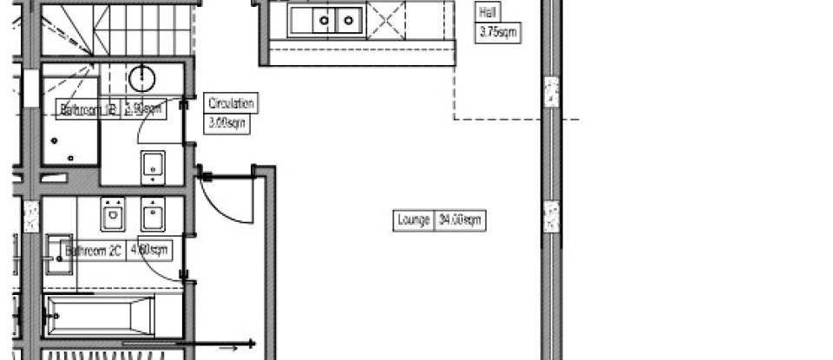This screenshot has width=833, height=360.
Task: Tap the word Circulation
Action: pos(231,104)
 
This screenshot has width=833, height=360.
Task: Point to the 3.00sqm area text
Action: pos(227,123)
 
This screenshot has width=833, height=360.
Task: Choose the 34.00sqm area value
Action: pos(459,220)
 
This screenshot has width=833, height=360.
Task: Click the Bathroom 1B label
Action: pos(88,109)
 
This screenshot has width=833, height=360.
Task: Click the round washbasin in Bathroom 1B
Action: pos(142,79)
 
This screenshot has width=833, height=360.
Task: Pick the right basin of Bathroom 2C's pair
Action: pos(153,212)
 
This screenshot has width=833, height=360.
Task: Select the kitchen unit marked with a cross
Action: pos(386,17)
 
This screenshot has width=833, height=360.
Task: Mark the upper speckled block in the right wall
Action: pos(550,92)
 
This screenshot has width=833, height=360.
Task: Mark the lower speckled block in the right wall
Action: pos(550,217)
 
